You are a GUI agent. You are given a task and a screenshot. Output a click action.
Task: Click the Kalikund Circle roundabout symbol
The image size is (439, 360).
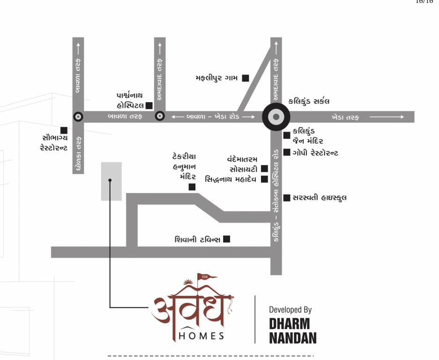276,117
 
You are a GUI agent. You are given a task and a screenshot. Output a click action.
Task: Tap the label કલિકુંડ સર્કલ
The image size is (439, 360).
309,101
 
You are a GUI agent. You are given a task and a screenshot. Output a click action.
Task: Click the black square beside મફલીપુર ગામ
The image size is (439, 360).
245,78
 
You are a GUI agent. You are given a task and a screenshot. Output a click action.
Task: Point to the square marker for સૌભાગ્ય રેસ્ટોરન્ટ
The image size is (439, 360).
64,130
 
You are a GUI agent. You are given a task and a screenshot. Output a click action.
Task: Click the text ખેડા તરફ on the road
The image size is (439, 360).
345,117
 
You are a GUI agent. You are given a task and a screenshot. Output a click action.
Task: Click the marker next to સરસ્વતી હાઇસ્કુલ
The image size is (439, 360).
287,197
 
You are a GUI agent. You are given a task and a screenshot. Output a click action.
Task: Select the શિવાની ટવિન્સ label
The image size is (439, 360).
197,240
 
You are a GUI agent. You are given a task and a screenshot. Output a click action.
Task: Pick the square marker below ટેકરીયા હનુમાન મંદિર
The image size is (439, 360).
192,187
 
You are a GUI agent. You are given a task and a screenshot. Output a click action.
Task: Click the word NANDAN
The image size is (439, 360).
292,337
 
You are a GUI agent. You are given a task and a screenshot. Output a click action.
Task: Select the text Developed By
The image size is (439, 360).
290,310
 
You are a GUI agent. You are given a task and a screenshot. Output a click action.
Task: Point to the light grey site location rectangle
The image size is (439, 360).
112,181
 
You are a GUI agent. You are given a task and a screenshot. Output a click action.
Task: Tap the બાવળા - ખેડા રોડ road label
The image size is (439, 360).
213,117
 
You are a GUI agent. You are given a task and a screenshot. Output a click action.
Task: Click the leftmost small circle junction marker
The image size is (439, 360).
78,117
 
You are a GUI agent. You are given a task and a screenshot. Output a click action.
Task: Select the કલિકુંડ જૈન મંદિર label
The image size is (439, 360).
307,136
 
